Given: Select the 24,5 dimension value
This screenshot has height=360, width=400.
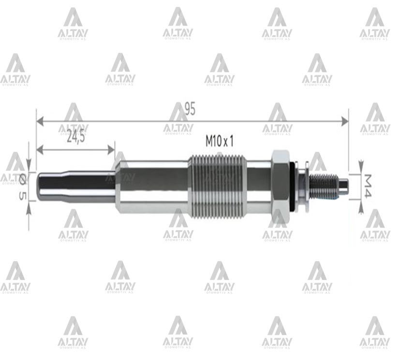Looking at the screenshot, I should tap(75, 138).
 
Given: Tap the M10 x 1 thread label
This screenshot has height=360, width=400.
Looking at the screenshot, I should tap(220, 141).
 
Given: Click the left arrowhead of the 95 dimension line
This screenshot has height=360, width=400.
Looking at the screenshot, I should tap(40, 121).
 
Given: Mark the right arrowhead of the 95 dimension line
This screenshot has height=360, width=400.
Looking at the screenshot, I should tap(344, 121).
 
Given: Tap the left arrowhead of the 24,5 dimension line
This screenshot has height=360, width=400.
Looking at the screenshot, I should tap(40, 149).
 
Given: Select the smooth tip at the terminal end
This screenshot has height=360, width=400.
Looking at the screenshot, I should tap(343, 185).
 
